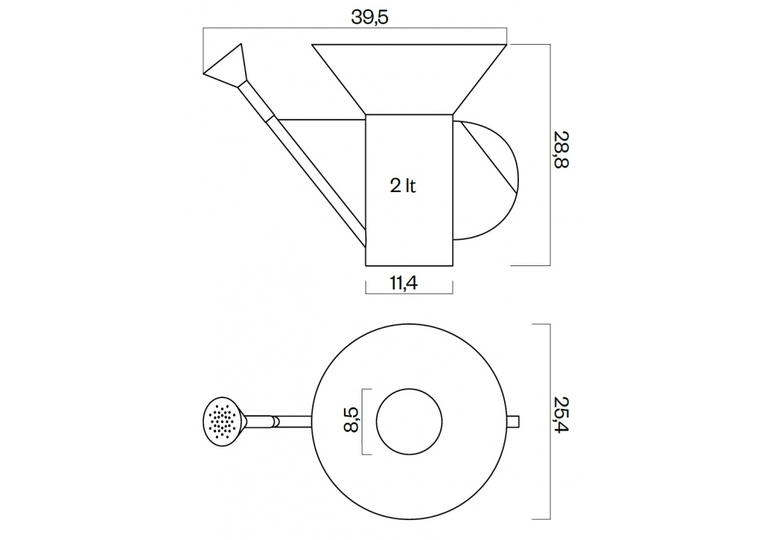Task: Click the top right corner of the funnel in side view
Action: pyautogui.click(x=507, y=45)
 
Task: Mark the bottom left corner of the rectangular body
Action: pyautogui.click(x=365, y=265)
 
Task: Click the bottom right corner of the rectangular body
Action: pyautogui.click(x=453, y=265)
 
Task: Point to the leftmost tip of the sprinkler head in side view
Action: pyautogui.click(x=203, y=74)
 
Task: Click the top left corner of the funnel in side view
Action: pyautogui.click(x=311, y=45)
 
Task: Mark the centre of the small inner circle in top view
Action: pyautogui.click(x=409, y=421)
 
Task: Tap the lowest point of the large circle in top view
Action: pyautogui.click(x=409, y=519)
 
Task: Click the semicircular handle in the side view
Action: pyautogui.click(x=485, y=180)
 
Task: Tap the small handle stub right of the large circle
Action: pyautogui.click(x=513, y=421)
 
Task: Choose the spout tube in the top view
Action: pyautogui.click(x=278, y=421)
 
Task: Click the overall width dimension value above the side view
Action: pyautogui.click(x=370, y=17)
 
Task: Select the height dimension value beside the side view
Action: pyautogui.click(x=561, y=150)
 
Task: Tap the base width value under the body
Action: pyautogui.click(x=404, y=283)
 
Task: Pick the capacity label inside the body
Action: pyautogui.click(x=402, y=186)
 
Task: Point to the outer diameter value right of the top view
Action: pyautogui.click(x=561, y=414)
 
